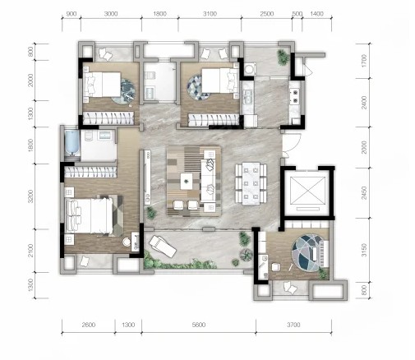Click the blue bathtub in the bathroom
(x=72, y=143)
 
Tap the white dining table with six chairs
(x=251, y=183)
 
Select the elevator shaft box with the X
(x=307, y=191)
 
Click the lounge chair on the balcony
(x=162, y=246)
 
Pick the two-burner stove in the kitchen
(x=295, y=96)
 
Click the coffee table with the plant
(x=187, y=181)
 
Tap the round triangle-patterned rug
(x=198, y=88)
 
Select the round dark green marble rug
(x=123, y=91)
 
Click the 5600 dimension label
(x=199, y=325)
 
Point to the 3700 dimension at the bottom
(x=293, y=325)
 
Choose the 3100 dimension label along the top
(x=210, y=14)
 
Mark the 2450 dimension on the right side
(x=364, y=193)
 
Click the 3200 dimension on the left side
(x=31, y=196)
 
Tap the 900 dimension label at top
(x=71, y=14)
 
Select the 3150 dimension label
(x=364, y=250)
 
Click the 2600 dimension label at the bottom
(x=89, y=325)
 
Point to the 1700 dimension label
(x=364, y=61)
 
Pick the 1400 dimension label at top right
(x=316, y=14)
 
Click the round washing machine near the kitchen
(x=249, y=68)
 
